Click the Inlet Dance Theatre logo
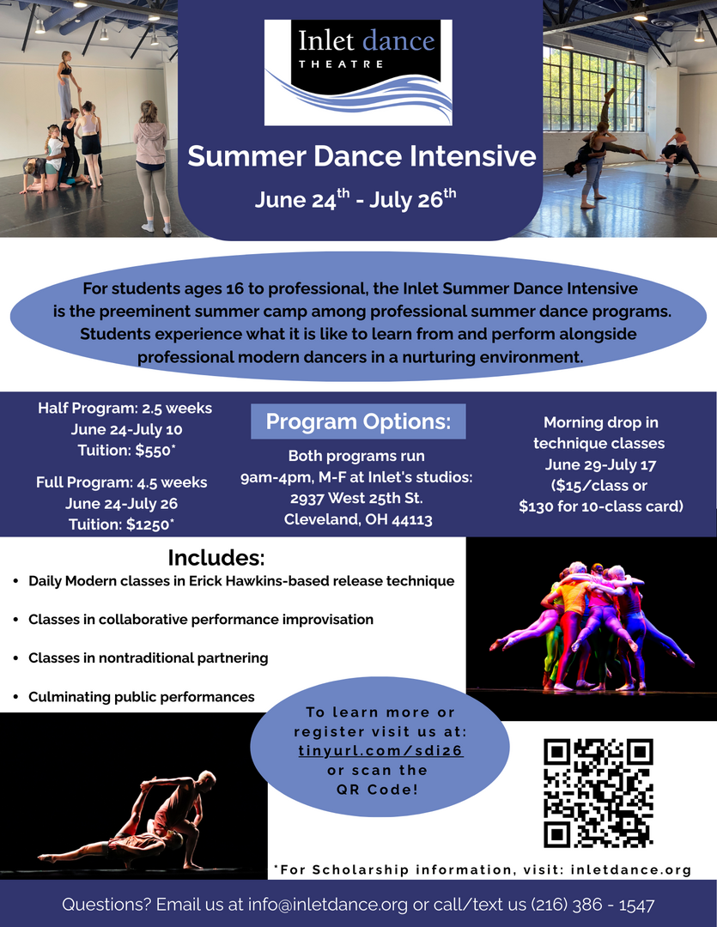pos(358,72)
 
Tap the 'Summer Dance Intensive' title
pos(362,156)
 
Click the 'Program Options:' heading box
pos(358,421)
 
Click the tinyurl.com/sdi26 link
pos(381,751)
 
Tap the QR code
pos(599,793)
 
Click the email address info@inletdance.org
pos(328,905)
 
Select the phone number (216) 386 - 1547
pos(592,905)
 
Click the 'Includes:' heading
pos(216,558)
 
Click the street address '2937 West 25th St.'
pos(356,499)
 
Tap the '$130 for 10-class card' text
pos(601,506)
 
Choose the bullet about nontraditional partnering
pos(148,658)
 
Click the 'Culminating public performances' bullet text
pos(142,697)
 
